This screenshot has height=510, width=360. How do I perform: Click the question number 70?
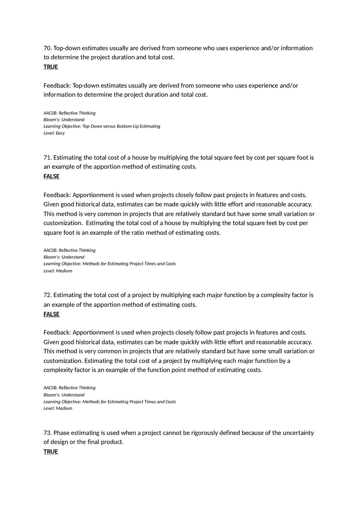tap(47, 48)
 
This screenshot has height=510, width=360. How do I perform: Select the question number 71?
tap(47, 158)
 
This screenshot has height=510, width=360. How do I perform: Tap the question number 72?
tap(47, 295)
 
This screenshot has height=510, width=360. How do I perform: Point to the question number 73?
tap(47, 433)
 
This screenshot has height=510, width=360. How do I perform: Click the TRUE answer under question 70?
tap(51, 67)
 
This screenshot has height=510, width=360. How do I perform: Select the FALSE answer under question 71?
tap(52, 177)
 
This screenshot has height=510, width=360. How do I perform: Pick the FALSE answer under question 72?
tap(52, 315)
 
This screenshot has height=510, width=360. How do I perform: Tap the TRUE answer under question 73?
tap(51, 452)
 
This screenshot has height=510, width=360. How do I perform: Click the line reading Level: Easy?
tap(54, 133)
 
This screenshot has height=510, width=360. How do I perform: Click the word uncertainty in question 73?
tap(298, 433)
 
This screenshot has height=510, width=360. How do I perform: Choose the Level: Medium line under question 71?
tap(58, 271)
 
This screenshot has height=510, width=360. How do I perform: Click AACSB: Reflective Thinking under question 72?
tap(70, 388)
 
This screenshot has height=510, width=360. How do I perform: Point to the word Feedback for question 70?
tap(57, 86)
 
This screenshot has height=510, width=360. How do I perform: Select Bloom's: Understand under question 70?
tap(64, 120)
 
